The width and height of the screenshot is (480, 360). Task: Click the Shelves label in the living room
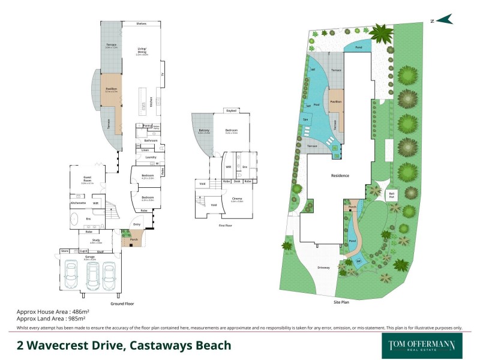[142, 23]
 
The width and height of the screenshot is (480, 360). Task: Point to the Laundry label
[151, 157]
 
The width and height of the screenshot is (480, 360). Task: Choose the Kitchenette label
[77, 203]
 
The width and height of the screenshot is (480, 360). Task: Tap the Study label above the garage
[88, 241]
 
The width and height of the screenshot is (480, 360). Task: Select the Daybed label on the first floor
[231, 111]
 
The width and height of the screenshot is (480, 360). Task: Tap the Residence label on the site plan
[340, 175]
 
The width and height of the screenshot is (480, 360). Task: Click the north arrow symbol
[444, 20]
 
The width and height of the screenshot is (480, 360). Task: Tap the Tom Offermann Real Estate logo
[418, 346]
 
